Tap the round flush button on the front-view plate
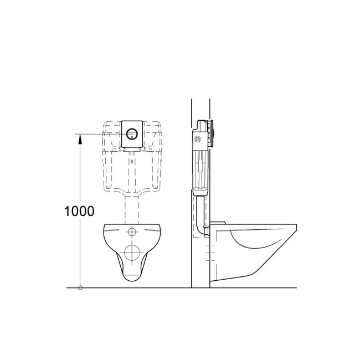(x=132, y=133)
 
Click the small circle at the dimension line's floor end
(x=80, y=288)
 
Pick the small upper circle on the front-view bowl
(x=132, y=232)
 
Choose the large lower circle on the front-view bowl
(x=132, y=253)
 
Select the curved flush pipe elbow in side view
(x=198, y=222)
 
